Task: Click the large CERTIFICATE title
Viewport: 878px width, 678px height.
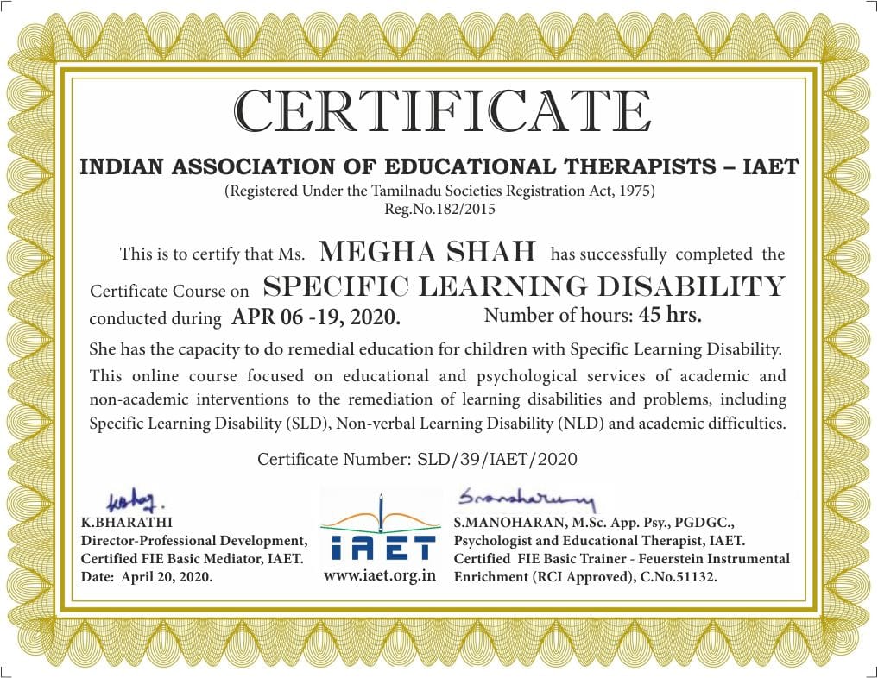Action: click(443, 111)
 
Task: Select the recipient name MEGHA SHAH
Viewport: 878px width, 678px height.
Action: click(428, 252)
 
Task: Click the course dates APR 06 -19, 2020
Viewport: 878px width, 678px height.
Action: click(316, 317)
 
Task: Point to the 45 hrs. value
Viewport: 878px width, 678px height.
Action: click(670, 315)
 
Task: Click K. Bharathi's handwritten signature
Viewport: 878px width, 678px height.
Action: click(135, 501)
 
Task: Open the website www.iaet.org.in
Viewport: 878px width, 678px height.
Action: click(380, 575)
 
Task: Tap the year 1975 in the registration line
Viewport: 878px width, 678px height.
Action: click(636, 191)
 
